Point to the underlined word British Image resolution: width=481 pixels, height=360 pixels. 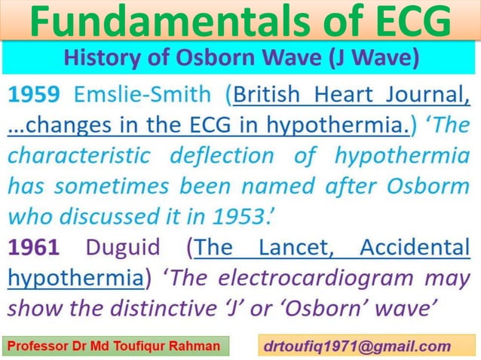click(277, 96)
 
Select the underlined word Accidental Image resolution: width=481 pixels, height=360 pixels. click(415, 248)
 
